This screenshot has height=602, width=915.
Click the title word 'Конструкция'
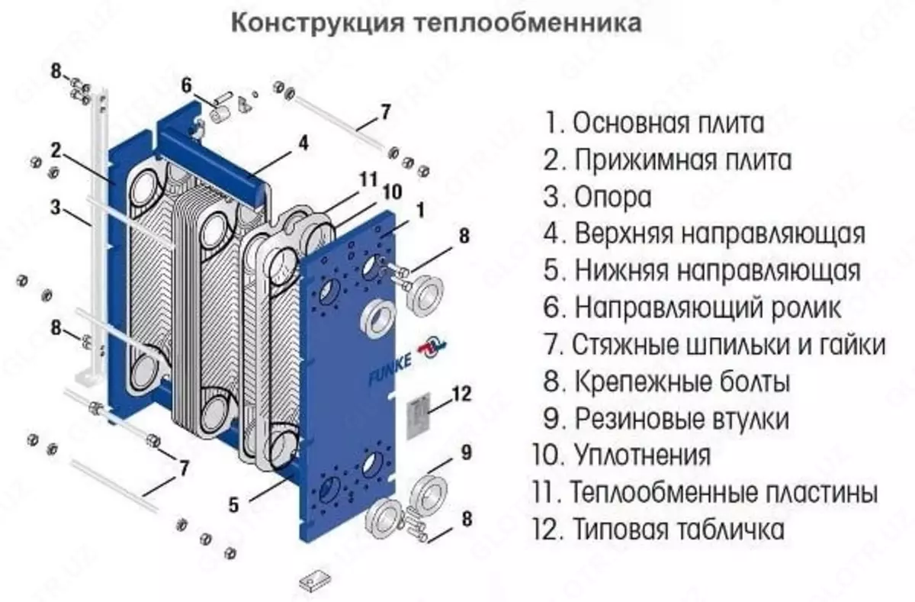coord(316,24)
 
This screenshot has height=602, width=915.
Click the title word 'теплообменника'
coord(528,24)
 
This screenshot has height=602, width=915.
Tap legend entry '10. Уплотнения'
coord(622,456)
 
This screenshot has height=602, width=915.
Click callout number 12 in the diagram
coord(461,395)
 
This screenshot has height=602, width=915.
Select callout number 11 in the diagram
coord(369,181)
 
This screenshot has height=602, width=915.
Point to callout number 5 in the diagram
coord(234,504)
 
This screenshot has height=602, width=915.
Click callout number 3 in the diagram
coord(55,206)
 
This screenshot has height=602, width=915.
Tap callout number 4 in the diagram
coord(303,143)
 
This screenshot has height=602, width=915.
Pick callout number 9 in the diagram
coord(466,455)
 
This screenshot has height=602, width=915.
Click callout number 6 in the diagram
coord(187,83)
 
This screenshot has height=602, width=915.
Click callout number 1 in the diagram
coord(421,206)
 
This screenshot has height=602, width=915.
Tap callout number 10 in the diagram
coord(390,192)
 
